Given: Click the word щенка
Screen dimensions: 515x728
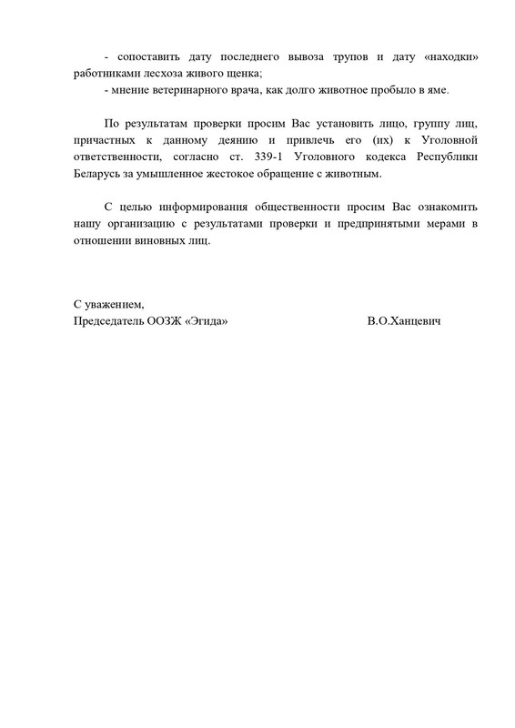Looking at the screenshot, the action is point(240,74).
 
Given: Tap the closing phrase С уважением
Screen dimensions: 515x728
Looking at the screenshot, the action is point(108,304).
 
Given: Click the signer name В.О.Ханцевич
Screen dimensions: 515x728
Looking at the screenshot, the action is point(400,320).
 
